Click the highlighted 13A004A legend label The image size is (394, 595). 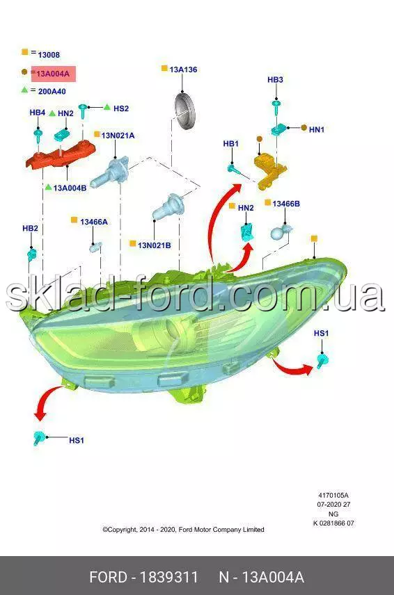coord(53,74)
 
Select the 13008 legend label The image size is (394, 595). coord(49,55)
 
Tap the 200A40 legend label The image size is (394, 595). coord(52,92)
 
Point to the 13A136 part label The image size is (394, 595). coord(183,70)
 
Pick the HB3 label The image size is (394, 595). coord(275,80)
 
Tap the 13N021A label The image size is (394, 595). coord(118,136)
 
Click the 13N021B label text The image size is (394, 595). coord(154,245)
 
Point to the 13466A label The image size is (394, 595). coord(94,222)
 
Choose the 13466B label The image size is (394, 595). coord(286,204)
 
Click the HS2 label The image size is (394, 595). coord(121,108)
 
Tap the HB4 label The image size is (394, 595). coord(37,113)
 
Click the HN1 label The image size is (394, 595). coord(317,130)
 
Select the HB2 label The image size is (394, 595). coord(30,228)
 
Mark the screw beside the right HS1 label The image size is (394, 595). coord(322,361)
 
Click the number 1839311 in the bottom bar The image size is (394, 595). coord(168,577)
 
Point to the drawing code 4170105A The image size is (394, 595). coord(333,495)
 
